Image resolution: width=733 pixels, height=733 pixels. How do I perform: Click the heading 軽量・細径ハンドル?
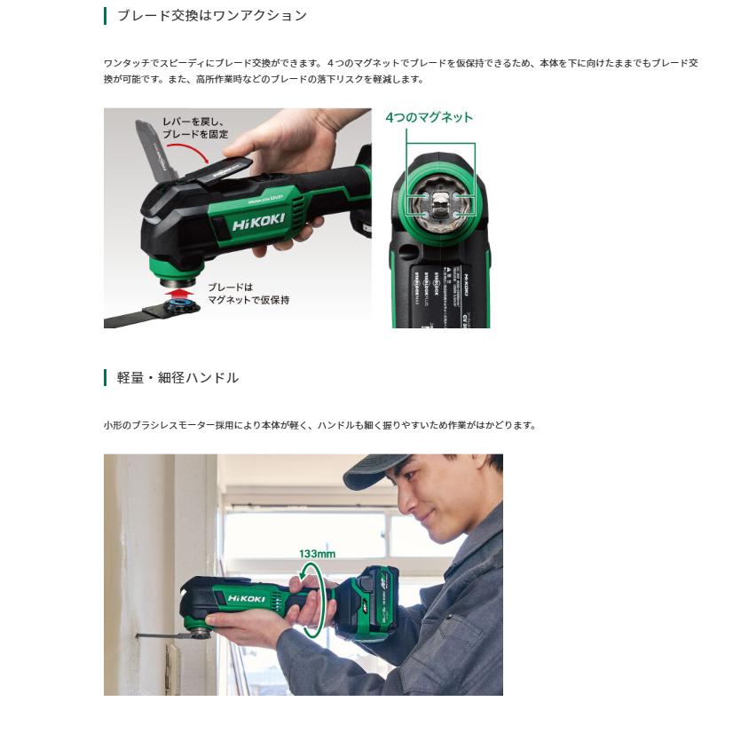(177, 378)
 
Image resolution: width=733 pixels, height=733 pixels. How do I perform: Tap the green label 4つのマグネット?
(429, 117)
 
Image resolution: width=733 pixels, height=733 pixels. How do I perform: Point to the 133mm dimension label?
(317, 554)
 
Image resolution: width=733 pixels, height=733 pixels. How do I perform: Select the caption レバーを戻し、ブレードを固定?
(194, 128)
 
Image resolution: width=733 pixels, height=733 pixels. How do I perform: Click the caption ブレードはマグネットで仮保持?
(248, 294)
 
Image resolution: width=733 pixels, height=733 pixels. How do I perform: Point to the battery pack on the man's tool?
(374, 596)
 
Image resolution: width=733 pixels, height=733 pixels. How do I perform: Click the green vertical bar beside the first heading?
(105, 16)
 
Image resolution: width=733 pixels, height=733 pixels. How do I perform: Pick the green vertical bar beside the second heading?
(105, 378)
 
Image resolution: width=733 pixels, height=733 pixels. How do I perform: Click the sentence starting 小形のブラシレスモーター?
(319, 425)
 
